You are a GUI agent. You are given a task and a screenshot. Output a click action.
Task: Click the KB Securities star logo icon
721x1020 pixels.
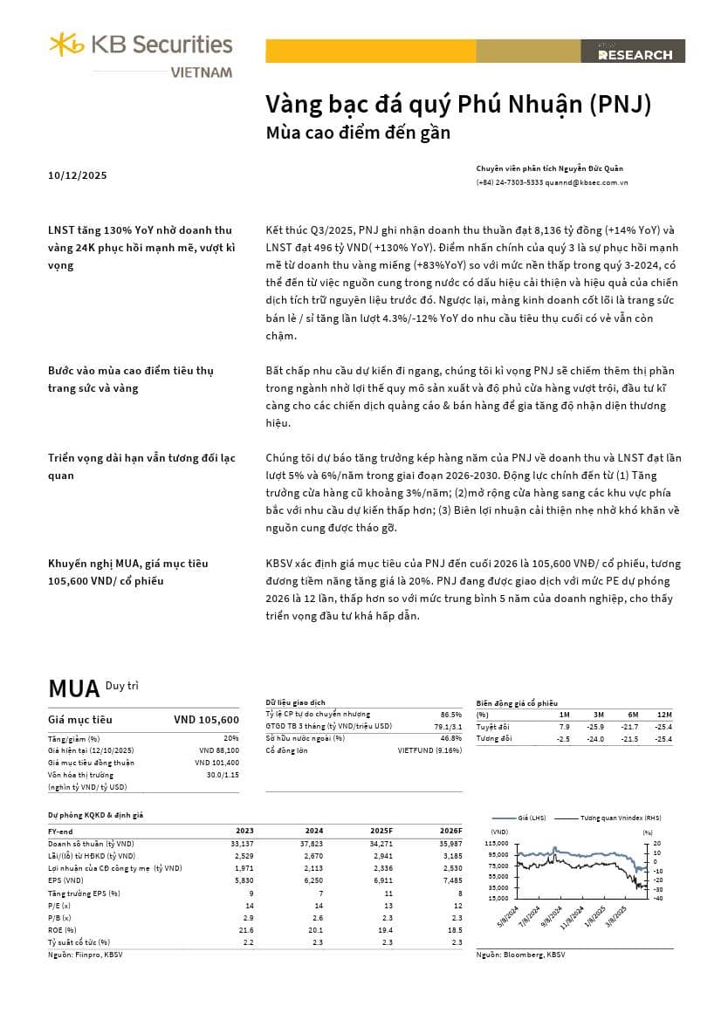click(x=66, y=43)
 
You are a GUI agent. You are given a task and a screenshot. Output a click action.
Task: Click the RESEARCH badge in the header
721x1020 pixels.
click(x=635, y=54)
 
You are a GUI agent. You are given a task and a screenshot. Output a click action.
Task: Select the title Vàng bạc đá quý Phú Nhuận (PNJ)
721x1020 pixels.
click(x=458, y=105)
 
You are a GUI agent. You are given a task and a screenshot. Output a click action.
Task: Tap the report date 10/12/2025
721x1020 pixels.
click(x=78, y=175)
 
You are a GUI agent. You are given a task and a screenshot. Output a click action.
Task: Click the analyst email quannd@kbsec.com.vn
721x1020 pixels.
click(x=587, y=182)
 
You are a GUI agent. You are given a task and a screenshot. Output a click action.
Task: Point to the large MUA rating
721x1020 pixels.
click(x=73, y=688)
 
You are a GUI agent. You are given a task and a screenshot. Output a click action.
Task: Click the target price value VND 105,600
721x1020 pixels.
click(x=206, y=720)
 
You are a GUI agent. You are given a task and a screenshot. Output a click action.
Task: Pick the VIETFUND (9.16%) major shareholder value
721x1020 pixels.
click(x=429, y=750)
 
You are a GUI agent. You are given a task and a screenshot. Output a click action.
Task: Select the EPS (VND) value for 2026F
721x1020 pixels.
click(x=450, y=881)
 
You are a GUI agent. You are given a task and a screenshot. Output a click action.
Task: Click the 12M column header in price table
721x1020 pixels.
click(x=665, y=715)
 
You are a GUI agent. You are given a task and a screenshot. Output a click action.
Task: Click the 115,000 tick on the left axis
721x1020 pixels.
click(x=496, y=844)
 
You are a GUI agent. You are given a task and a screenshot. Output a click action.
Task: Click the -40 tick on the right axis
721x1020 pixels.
click(x=658, y=899)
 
